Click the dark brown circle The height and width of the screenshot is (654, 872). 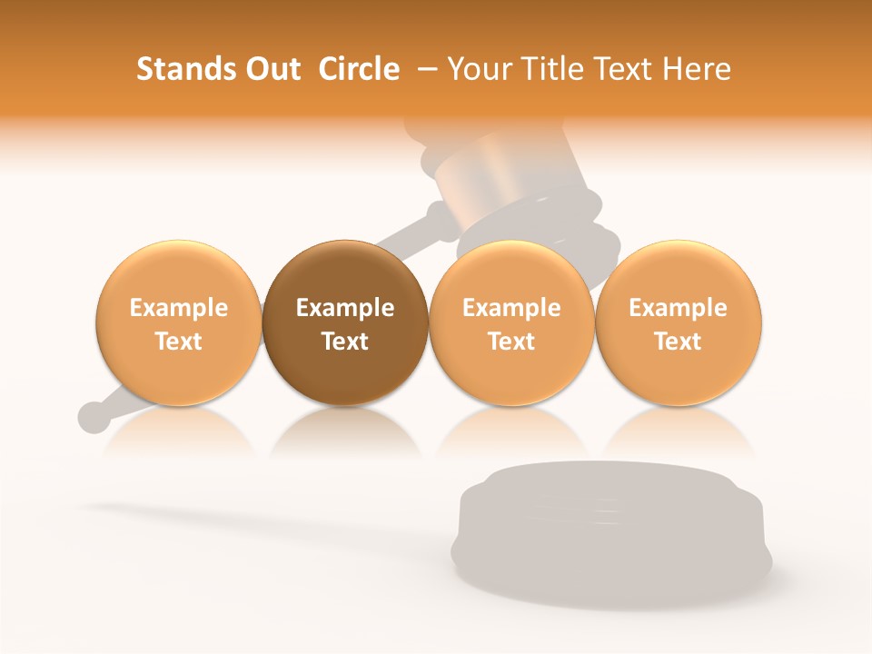tap(345, 322)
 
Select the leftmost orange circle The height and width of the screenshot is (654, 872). tap(178, 322)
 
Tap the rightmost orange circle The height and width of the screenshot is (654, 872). tap(678, 322)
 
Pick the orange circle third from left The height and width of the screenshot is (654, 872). tap(511, 322)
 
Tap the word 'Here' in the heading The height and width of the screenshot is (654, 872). tap(699, 69)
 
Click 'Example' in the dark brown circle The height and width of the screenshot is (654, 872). tap(345, 308)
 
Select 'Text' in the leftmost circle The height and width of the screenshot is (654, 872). tap(178, 342)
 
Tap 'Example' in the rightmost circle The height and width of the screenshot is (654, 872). tap(678, 308)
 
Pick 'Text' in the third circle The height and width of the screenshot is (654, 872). tap(511, 342)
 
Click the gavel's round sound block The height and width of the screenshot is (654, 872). tap(610, 527)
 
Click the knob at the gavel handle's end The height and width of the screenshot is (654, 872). tap(93, 416)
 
